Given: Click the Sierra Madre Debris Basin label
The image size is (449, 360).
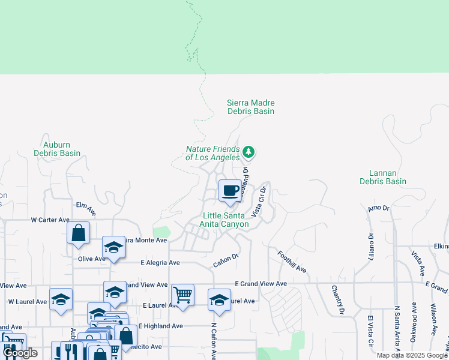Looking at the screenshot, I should click(x=250, y=107).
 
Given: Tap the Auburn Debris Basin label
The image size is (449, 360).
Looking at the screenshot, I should click(x=62, y=149).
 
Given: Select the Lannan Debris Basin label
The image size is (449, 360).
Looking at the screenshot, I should click(x=383, y=177).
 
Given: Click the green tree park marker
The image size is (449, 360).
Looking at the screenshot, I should click(x=249, y=152).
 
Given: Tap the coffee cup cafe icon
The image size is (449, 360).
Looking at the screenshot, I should click(x=230, y=191).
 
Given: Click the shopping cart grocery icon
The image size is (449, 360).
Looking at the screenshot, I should click(x=182, y=295).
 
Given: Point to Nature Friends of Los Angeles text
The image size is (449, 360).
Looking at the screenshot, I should click(x=212, y=153).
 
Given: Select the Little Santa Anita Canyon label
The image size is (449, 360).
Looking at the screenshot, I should click(x=225, y=220).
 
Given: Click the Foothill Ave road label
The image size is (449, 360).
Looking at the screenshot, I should click(x=292, y=262).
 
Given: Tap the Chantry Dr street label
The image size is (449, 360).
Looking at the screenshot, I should click(x=336, y=300).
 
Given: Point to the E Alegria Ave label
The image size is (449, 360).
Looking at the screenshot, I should click(x=160, y=263).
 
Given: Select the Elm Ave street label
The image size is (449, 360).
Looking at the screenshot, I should click(x=86, y=209).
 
